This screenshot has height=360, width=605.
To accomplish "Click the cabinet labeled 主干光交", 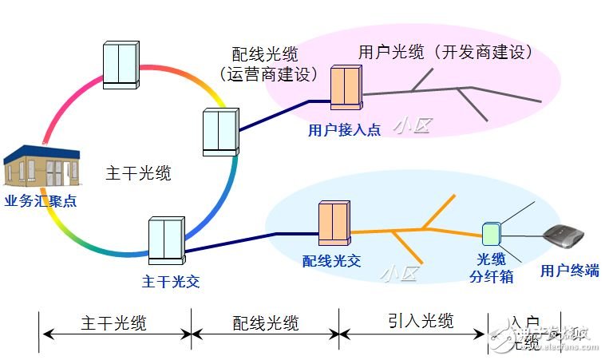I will pos(167,239).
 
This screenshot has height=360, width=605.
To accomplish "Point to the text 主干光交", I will pos(171,282).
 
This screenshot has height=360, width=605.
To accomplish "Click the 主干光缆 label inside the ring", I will pos(138,172).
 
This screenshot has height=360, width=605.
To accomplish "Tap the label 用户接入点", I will pos(344,129).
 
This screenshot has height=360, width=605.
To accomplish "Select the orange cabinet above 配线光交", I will pos(335,224).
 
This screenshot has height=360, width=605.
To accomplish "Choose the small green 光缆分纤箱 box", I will pos(491,233).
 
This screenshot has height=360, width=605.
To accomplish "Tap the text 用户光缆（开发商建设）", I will pos(445,53).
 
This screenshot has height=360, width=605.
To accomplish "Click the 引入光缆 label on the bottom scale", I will pos(421,321).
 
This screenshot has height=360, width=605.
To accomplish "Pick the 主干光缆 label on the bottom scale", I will pos(113,322).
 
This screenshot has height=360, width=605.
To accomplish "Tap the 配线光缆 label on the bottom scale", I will pos(266,322).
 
